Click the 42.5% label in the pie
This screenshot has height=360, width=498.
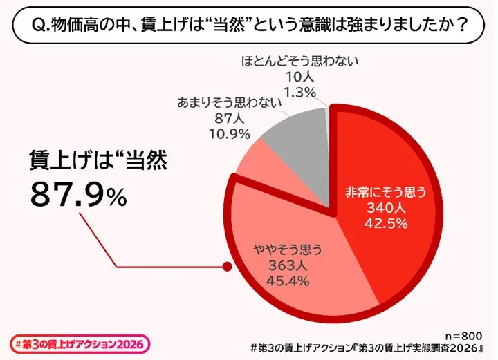[x=378, y=222]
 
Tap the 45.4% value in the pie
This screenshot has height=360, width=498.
[x=285, y=281]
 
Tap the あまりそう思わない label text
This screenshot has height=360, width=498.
[x=226, y=104]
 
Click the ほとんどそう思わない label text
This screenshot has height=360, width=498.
[x=300, y=61]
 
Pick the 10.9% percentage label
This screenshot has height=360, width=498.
[x=226, y=134]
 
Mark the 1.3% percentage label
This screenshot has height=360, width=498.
[x=300, y=92]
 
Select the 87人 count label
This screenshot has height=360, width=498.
[x=226, y=119]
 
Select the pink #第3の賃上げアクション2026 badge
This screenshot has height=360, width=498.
[x=81, y=343]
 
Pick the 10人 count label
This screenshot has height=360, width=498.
[x=300, y=77]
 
